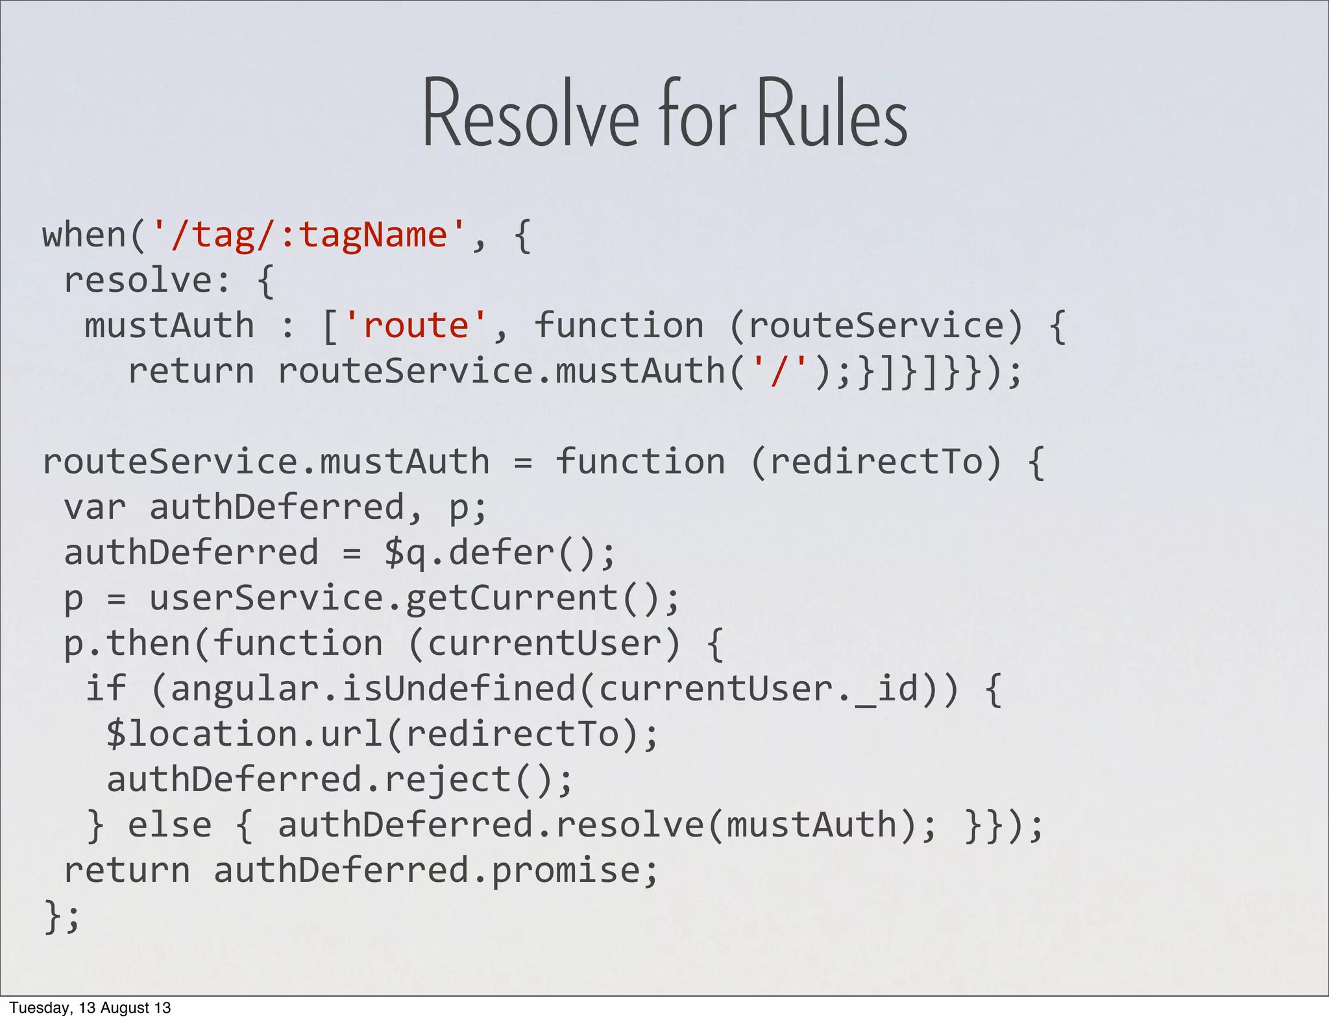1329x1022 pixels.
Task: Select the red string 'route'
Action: tap(415, 326)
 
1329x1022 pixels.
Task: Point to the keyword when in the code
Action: tap(84, 235)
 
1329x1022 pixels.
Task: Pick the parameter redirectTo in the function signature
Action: tap(876, 462)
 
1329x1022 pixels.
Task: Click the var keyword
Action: tap(94, 507)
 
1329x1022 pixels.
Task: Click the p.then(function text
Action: tap(223, 643)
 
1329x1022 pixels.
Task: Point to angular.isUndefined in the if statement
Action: tap(373, 689)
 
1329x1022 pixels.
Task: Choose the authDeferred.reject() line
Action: tap(339, 779)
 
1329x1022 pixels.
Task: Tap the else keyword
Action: tap(169, 825)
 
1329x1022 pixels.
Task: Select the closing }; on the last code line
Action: tap(62, 916)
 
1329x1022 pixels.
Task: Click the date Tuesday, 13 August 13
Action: tap(90, 1008)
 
